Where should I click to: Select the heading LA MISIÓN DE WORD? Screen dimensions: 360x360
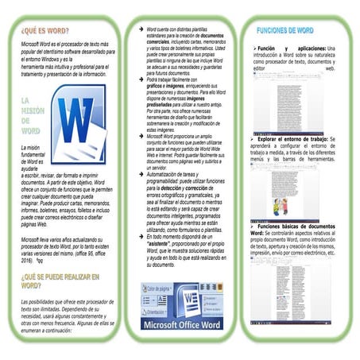(x=31, y=115)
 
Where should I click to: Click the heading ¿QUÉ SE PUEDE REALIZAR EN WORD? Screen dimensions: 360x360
(x=60, y=280)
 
